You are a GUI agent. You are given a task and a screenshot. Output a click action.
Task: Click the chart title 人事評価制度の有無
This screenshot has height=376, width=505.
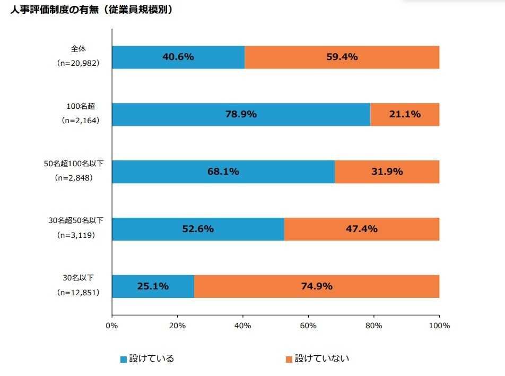(x=91, y=10)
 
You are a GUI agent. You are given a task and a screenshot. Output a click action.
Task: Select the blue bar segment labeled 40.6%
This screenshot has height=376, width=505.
(x=178, y=57)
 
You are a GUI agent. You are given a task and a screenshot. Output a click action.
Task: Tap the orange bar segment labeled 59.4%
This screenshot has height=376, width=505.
(x=342, y=57)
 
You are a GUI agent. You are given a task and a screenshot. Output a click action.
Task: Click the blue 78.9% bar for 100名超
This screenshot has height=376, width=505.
(x=241, y=114)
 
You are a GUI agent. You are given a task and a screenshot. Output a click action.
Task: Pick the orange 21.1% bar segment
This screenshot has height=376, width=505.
(x=405, y=114)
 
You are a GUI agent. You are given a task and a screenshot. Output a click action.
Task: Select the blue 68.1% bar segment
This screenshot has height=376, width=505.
(x=223, y=172)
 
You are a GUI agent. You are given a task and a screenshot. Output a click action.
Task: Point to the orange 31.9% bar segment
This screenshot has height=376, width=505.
(x=387, y=172)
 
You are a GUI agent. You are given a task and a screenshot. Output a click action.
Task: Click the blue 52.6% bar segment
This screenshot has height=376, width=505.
(x=198, y=229)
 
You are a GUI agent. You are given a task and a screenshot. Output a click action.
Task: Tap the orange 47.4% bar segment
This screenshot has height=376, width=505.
(x=361, y=229)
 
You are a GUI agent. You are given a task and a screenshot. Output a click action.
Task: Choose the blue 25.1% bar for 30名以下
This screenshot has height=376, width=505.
(x=153, y=286)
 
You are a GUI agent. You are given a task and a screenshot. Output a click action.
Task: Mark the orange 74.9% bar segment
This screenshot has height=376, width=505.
(x=316, y=286)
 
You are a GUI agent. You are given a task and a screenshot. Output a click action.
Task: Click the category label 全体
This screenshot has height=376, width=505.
(x=78, y=49)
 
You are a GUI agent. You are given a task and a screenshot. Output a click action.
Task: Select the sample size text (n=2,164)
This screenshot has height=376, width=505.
(x=78, y=121)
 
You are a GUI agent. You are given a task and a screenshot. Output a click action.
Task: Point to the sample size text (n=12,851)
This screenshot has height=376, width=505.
(x=78, y=293)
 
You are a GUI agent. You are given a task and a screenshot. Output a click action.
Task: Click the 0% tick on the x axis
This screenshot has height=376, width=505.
(x=112, y=326)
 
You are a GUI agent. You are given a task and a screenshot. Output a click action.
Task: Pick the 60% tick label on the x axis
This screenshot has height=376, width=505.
(x=308, y=326)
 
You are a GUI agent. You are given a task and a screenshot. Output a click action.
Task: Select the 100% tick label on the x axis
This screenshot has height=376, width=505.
(x=439, y=326)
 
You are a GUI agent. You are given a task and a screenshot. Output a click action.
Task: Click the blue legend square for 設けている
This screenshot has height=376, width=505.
(x=124, y=360)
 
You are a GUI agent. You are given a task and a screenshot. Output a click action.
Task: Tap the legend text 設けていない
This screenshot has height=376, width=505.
(x=322, y=359)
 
